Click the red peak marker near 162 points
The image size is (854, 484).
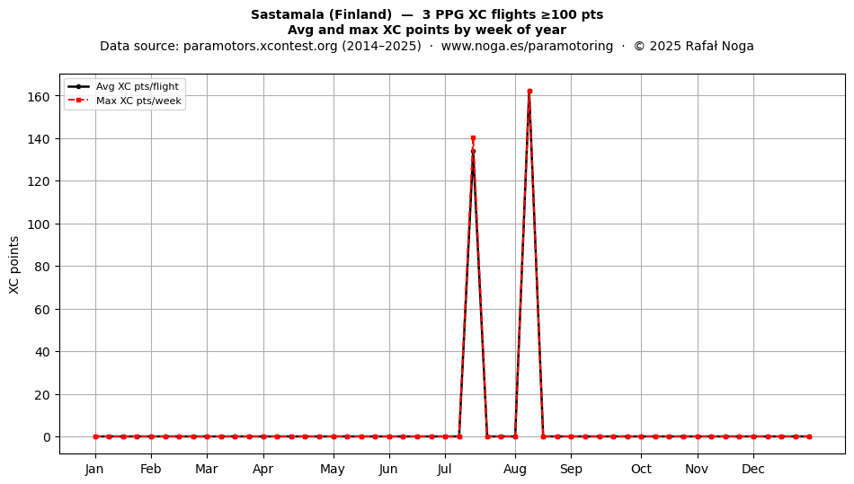pyautogui.click(x=529, y=92)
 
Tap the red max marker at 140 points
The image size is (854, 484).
pyautogui.click(x=473, y=138)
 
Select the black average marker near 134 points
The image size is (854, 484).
pyautogui.click(x=473, y=151)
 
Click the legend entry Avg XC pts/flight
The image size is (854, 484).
pyautogui.click(x=138, y=86)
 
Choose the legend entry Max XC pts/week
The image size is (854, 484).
pyautogui.click(x=138, y=101)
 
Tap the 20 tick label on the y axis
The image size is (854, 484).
pyautogui.click(x=42, y=395)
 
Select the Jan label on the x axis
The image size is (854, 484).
pyautogui.click(x=94, y=469)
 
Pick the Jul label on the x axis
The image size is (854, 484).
pyautogui.click(x=445, y=469)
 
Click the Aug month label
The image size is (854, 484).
pyautogui.click(x=515, y=470)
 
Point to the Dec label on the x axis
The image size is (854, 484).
pyautogui.click(x=753, y=469)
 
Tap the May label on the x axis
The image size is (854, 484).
pyautogui.click(x=333, y=470)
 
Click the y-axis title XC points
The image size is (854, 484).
pyautogui.click(x=14, y=265)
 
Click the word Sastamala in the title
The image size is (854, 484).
pyautogui.click(x=288, y=14)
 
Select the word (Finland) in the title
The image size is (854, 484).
pyautogui.click(x=360, y=14)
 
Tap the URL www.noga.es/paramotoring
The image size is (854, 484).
pyautogui.click(x=527, y=46)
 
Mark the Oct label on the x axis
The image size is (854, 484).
pyautogui.click(x=641, y=469)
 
